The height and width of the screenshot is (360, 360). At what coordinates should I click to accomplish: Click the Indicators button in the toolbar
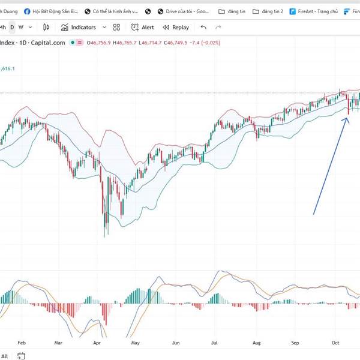point(79,27)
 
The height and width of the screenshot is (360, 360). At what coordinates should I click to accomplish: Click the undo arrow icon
point(203,27)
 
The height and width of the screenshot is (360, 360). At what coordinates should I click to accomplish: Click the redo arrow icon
point(218,27)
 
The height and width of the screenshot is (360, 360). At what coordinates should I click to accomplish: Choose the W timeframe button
point(21,27)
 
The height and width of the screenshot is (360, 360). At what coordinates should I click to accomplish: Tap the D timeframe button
point(12,27)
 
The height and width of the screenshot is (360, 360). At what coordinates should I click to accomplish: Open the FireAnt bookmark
point(314,11)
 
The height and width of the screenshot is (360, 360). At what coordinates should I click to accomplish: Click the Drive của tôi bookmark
point(182,11)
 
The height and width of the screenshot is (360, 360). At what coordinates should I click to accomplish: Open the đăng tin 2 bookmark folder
point(268,11)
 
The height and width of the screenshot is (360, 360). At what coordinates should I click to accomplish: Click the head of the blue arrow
point(347,118)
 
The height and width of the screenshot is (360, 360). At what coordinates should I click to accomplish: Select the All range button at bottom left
point(5,356)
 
